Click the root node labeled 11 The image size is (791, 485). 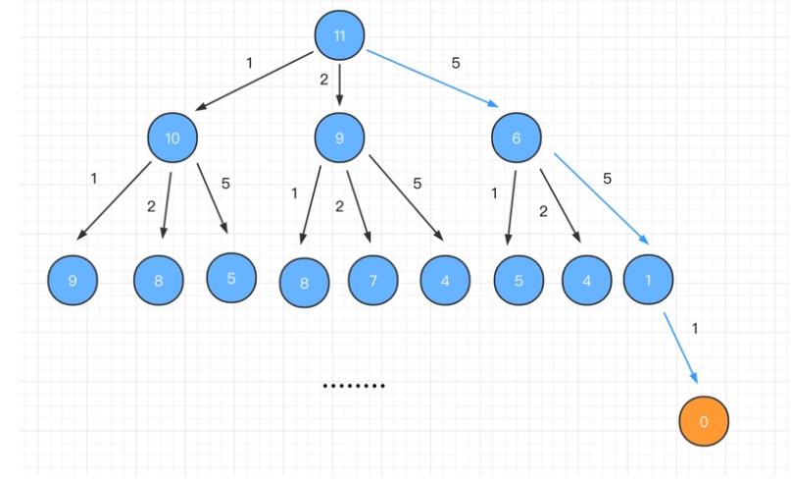(339, 36)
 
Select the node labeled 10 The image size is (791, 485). (173, 138)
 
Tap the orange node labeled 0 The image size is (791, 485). (703, 422)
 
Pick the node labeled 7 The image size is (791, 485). (372, 282)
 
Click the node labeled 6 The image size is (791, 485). (516, 138)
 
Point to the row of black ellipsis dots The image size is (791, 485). (354, 387)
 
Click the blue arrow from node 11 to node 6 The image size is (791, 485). (432, 78)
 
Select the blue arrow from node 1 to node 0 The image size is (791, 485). (680, 348)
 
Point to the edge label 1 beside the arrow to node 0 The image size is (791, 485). (696, 329)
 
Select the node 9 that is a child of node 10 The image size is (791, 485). (73, 282)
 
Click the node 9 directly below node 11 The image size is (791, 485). (339, 138)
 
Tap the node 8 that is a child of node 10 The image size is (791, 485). (159, 282)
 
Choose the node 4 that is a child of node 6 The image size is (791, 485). (586, 282)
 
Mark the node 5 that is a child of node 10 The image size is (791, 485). (231, 278)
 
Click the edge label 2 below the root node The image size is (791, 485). (323, 80)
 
